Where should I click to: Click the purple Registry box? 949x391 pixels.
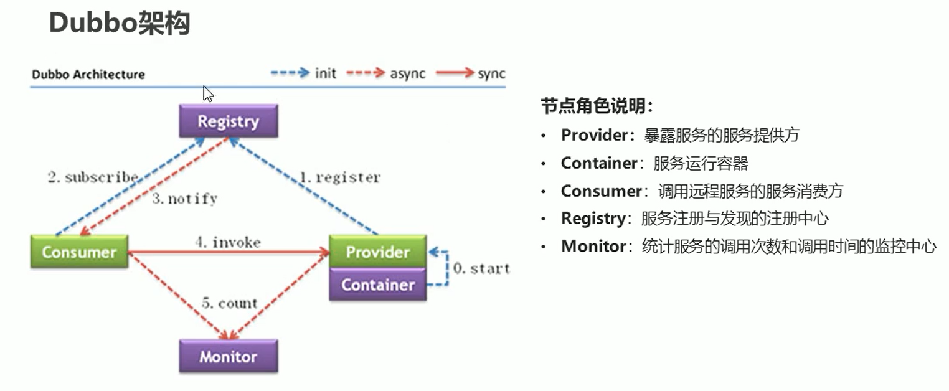(x=229, y=121)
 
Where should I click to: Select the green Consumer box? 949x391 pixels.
(x=79, y=252)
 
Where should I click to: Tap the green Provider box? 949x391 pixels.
(x=378, y=252)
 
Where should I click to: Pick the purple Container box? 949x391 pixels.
(x=378, y=285)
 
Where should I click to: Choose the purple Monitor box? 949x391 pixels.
(x=229, y=356)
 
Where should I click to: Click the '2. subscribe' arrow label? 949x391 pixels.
(x=93, y=177)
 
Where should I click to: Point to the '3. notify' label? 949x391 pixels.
(x=185, y=198)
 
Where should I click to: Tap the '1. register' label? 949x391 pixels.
(x=340, y=177)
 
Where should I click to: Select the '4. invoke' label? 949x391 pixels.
(x=228, y=242)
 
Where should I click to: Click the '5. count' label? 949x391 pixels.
(x=230, y=303)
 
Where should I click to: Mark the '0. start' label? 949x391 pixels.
(x=482, y=268)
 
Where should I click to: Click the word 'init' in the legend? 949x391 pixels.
(x=326, y=73)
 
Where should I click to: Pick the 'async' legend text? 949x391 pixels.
(x=408, y=74)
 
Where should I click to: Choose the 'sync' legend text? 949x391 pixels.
(x=491, y=74)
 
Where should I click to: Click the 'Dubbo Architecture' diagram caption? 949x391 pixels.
(x=88, y=75)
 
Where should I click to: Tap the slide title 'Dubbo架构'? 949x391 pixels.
(x=120, y=23)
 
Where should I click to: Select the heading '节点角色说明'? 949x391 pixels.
(x=593, y=106)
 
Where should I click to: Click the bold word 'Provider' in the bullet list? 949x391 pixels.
(x=595, y=135)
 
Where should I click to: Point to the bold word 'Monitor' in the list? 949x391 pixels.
(x=593, y=246)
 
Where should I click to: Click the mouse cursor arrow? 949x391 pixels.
(x=207, y=93)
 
